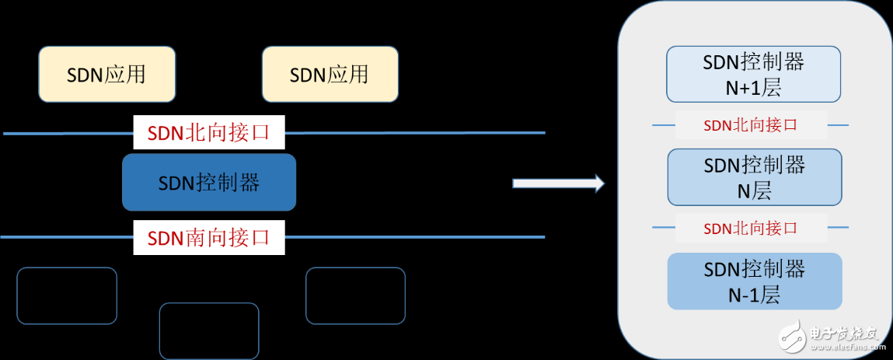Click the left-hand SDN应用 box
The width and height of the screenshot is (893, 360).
[106, 74]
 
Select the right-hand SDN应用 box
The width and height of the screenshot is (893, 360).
[330, 74]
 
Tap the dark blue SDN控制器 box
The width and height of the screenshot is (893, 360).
[208, 182]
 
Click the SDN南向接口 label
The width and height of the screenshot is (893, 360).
[208, 237]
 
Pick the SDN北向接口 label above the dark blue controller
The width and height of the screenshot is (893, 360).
[208, 131]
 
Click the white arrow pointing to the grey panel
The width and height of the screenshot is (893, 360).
[557, 183]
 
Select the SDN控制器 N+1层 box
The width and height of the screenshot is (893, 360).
[753, 74]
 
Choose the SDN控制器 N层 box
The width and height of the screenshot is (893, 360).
[754, 177]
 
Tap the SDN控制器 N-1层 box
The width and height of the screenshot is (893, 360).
[754, 281]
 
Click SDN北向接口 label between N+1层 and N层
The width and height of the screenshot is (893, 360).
[750, 124]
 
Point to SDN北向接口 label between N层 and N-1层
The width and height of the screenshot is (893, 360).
[750, 228]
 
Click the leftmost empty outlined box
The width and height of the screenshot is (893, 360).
[67, 295]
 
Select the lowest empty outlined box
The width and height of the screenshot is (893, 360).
[208, 330]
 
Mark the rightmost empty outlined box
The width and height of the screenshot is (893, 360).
[355, 295]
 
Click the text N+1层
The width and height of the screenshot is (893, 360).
[753, 88]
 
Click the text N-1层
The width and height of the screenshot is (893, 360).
[753, 295]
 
